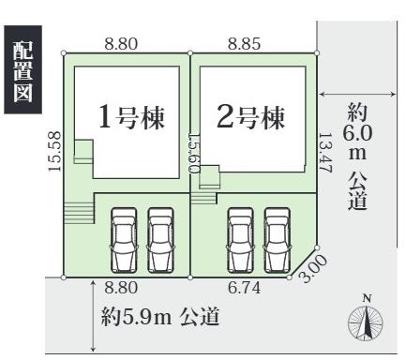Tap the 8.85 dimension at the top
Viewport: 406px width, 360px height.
tap(244, 42)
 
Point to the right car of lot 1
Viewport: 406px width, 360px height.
tap(161, 239)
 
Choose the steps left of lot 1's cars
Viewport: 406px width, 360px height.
tap(79, 213)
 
